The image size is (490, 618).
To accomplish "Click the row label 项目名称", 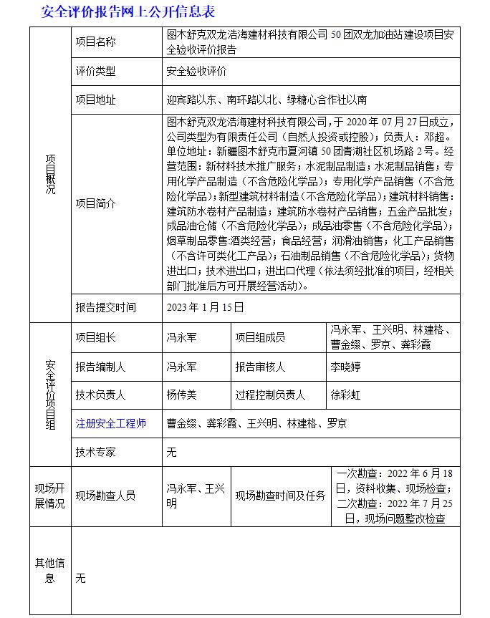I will (x=95, y=42).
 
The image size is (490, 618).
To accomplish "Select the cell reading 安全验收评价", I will (x=196, y=71).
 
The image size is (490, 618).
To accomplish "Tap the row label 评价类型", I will (x=95, y=71).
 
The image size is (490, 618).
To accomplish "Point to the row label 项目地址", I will (x=95, y=100).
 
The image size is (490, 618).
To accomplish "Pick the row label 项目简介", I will (x=95, y=203).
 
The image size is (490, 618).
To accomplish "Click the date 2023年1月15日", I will (x=205, y=307).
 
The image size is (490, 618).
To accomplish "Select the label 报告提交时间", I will (x=105, y=307).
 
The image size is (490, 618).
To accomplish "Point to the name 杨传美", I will (x=181, y=394).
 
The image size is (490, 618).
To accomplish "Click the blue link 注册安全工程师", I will (x=110, y=423).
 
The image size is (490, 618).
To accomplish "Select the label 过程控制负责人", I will (x=270, y=394).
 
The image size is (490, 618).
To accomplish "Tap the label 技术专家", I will (x=95, y=452).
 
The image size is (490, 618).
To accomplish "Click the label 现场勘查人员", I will (x=105, y=496).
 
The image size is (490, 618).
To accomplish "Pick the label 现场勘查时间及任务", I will (x=280, y=496).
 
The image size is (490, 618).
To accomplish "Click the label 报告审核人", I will (x=260, y=367).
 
